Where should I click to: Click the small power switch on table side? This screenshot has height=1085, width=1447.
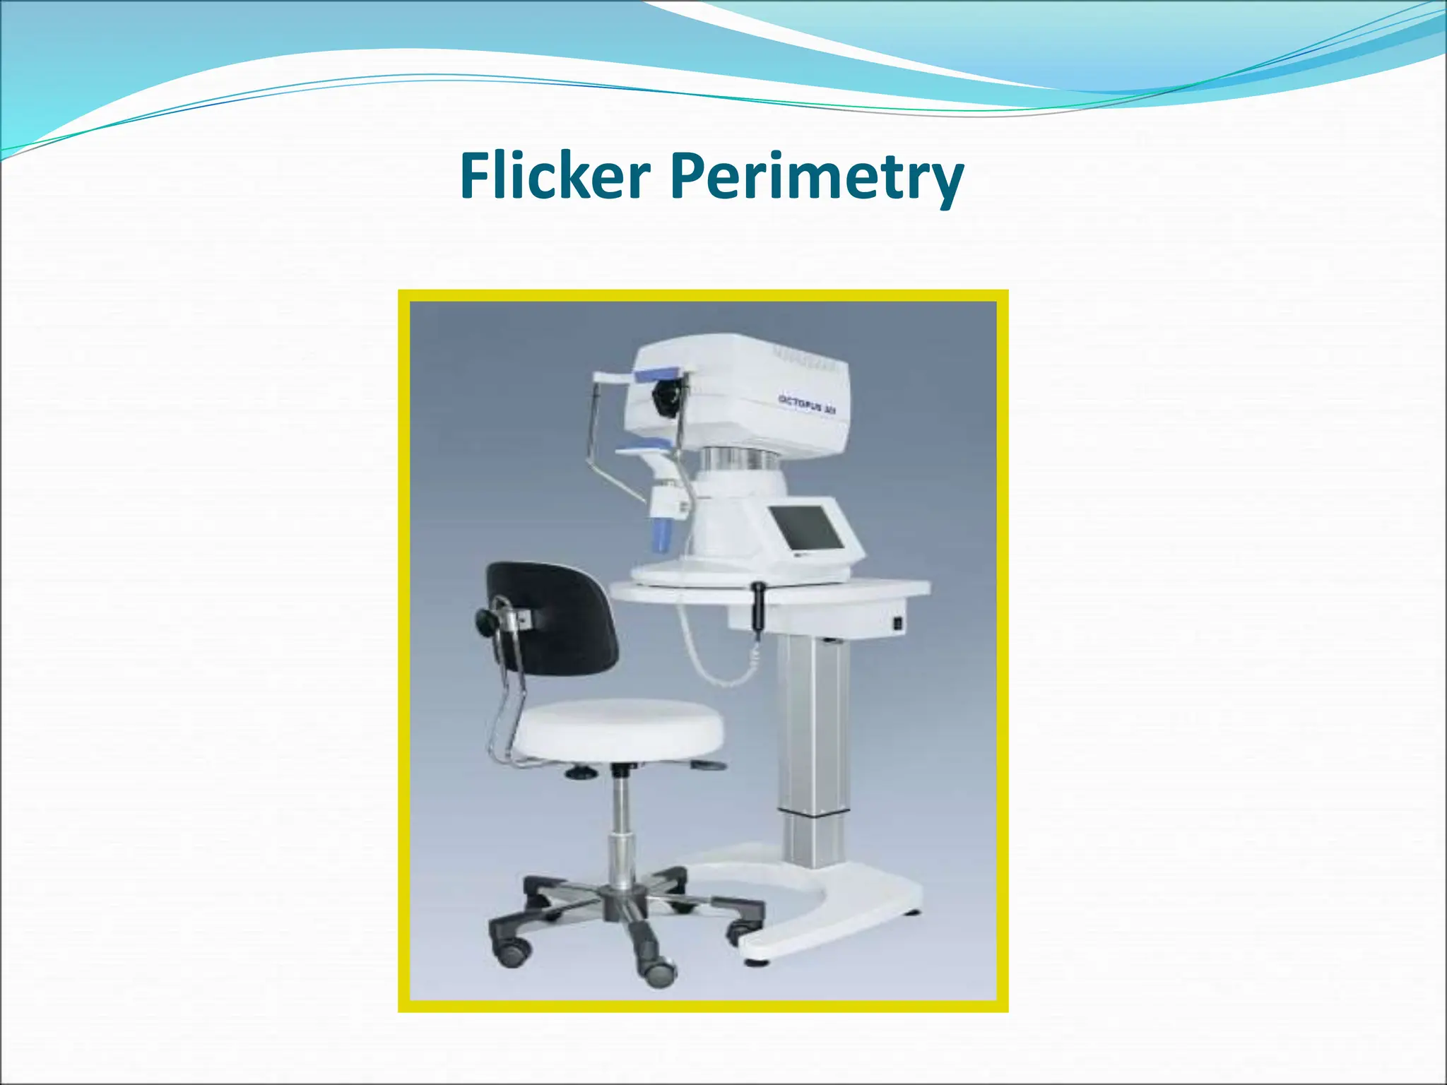tap(898, 623)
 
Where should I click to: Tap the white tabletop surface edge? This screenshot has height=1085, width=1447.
tap(770, 593)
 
